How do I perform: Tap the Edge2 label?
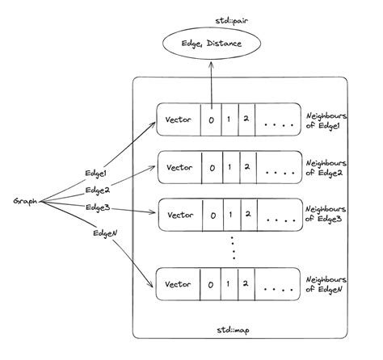[x=99, y=190]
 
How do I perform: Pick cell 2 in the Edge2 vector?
[x=246, y=169]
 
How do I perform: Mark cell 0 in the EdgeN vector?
[x=212, y=286]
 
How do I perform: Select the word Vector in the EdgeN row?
[x=178, y=285]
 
